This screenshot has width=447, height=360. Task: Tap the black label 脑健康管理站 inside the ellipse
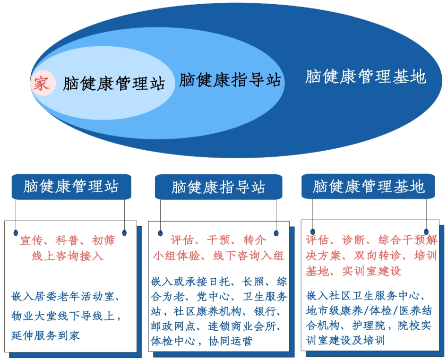point(114,84)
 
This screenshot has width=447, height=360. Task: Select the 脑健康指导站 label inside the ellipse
point(230,80)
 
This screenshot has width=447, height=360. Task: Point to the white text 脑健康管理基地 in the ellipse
point(366,77)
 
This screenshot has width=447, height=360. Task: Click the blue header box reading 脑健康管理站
point(71,186)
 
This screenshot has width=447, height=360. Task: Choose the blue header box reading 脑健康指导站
point(218,187)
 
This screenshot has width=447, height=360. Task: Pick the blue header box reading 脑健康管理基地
point(369,186)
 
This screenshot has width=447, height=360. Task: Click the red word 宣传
point(31,240)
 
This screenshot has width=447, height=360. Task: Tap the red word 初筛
point(103,240)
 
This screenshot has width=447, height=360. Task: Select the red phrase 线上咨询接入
point(68,256)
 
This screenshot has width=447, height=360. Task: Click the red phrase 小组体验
point(177,256)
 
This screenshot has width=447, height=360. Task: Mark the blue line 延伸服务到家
point(46,335)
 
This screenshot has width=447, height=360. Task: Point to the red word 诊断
point(352,240)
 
